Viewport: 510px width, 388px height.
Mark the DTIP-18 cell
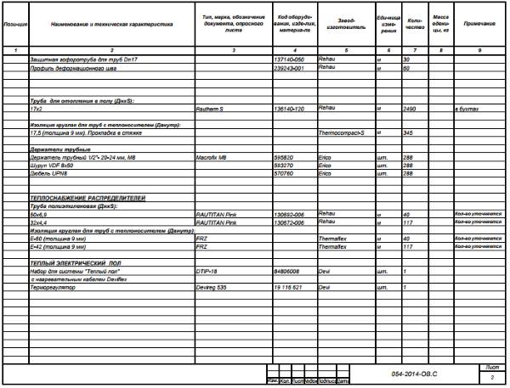206,270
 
